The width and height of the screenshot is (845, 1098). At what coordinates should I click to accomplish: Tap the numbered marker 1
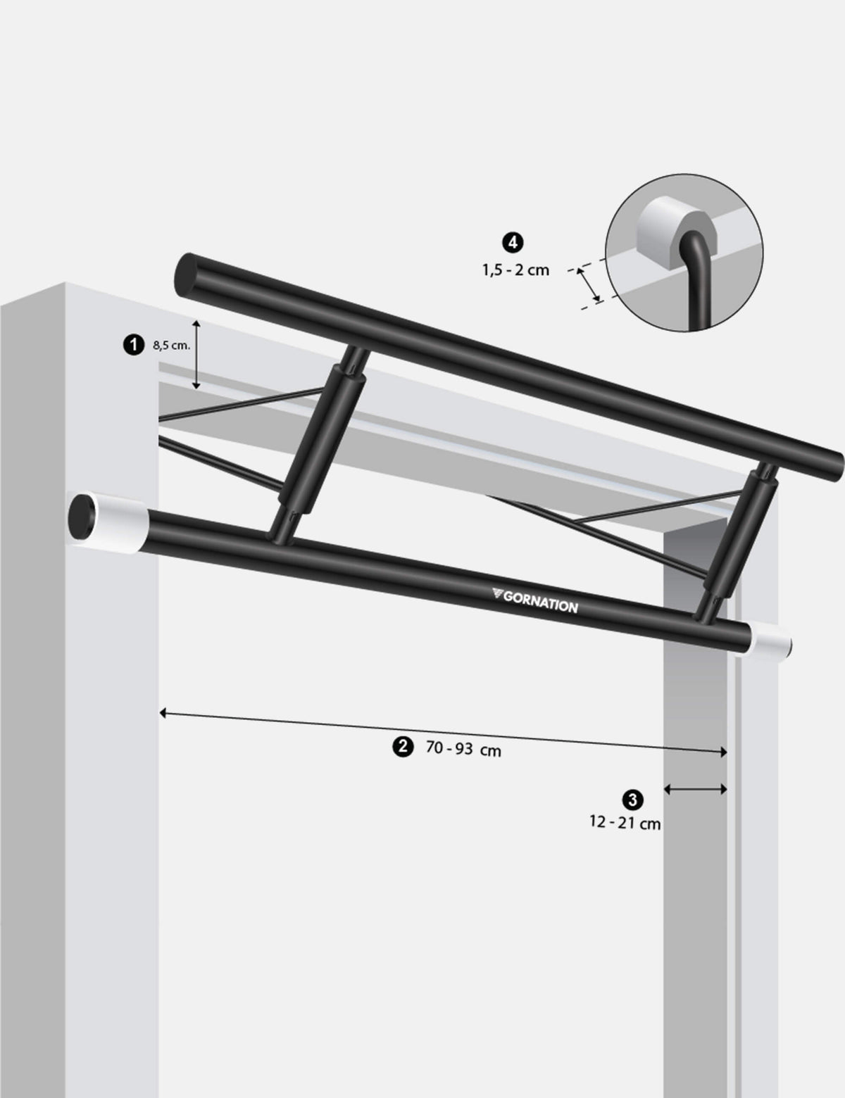point(131,344)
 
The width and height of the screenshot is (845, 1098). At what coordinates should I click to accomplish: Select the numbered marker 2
point(401,746)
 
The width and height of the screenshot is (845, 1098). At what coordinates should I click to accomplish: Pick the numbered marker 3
point(632,799)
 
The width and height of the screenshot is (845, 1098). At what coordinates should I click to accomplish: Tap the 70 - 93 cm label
point(463,749)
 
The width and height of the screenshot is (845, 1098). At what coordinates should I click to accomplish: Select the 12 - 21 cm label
point(625,822)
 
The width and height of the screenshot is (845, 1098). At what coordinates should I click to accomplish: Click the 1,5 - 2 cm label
point(515,269)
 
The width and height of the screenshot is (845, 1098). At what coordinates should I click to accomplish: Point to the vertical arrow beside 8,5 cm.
point(197,354)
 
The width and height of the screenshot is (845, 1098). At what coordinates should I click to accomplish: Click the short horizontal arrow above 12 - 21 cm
point(695,790)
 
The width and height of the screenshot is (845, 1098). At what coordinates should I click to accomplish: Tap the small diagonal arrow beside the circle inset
point(589,285)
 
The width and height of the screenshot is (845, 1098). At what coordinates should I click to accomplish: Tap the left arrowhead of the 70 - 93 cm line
point(163,713)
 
